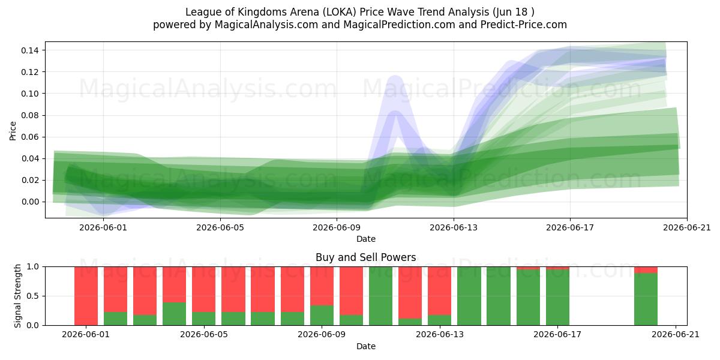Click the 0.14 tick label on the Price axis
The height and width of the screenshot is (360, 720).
click(30, 50)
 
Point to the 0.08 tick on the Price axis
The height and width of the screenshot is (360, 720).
click(30, 115)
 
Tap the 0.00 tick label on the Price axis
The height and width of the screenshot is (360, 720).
click(30, 202)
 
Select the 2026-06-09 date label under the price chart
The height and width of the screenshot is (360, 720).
click(337, 227)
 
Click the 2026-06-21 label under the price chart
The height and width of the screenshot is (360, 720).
click(687, 227)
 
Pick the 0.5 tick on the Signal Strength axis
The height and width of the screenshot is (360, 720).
click(33, 296)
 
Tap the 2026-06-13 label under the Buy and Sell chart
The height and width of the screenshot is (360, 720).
click(439, 335)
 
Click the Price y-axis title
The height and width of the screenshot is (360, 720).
click(13, 131)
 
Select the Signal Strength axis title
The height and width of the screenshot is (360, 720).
click(17, 296)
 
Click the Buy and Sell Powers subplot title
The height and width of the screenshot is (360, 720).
click(366, 257)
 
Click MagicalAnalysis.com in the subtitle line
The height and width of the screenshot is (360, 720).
click(266, 25)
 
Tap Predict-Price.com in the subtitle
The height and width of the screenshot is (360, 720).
click(524, 25)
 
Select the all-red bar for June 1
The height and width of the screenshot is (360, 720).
click(86, 296)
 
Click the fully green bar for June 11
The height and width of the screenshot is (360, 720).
click(380, 296)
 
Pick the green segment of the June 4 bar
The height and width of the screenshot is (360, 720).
click(174, 314)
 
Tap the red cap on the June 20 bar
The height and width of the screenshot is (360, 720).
click(646, 270)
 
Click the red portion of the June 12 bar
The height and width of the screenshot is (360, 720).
click(410, 293)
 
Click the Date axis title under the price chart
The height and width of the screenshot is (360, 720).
click(366, 239)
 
